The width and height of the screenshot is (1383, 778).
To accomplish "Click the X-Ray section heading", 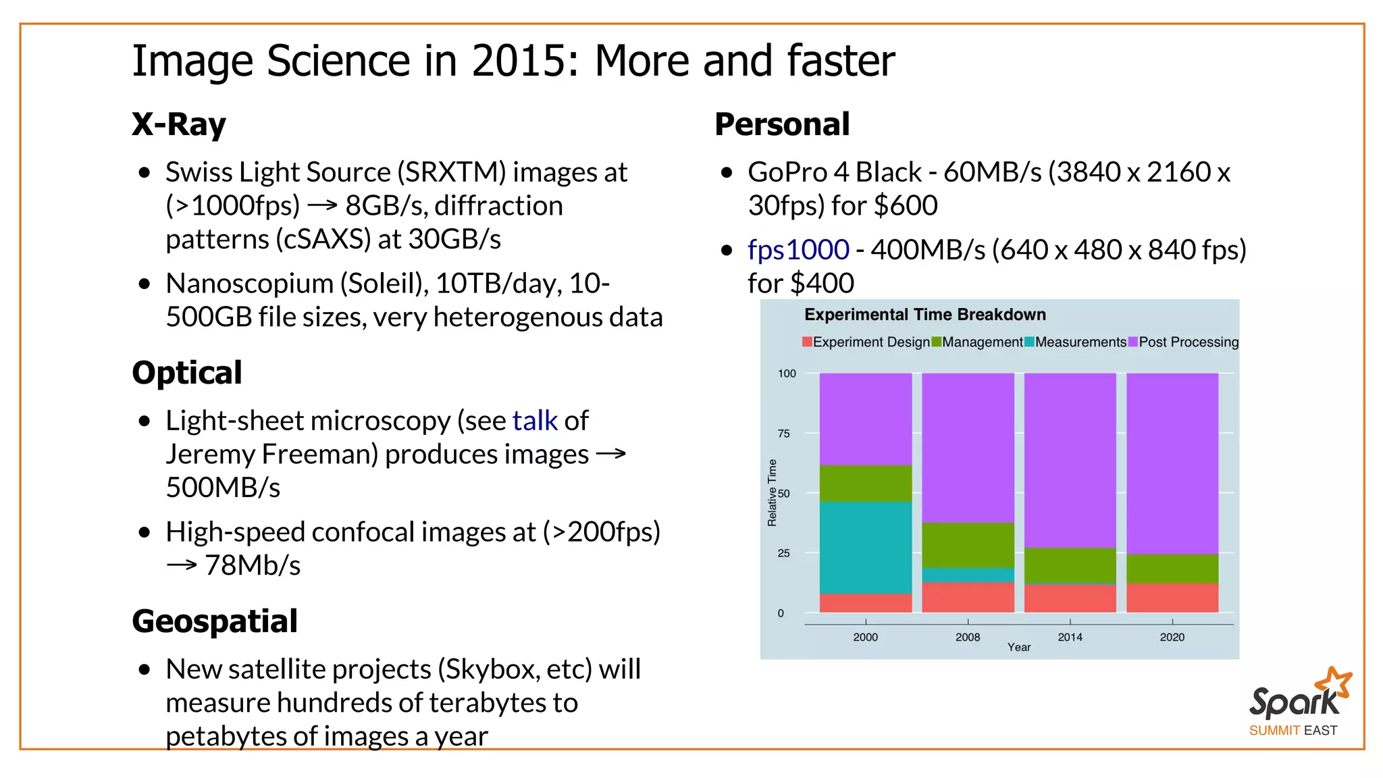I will coord(179,124).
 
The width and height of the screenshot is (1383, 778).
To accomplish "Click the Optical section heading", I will coord(187,373).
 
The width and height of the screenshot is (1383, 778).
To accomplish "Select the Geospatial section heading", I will coord(215,621).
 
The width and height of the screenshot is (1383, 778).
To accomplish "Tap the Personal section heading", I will coord(782,124).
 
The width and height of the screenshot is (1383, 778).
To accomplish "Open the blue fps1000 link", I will coord(798,250).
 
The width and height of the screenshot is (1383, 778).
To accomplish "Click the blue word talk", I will coord(535,421).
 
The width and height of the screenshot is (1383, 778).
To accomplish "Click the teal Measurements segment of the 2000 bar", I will coord(866,547).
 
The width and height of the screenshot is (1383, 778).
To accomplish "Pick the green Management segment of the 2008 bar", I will coord(968,545).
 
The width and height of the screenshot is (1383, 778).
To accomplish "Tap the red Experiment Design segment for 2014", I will coord(1070,598).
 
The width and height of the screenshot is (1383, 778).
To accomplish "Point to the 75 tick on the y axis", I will coord(783,434).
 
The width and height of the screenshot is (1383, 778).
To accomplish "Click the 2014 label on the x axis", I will coord(1070,637).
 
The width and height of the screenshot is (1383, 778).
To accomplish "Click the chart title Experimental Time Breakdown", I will coord(925,315).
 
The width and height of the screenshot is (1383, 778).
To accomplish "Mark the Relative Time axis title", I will coord(772,492).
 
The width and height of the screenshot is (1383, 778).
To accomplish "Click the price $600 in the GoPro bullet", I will coord(906,206).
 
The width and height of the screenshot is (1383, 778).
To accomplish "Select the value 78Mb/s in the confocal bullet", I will coord(253,565).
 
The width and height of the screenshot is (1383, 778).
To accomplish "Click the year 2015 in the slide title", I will coord(524,61).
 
